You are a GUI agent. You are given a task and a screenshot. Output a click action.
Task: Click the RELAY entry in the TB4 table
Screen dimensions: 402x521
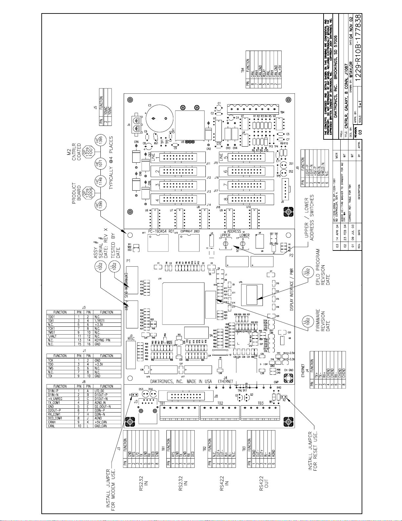tap(264, 73)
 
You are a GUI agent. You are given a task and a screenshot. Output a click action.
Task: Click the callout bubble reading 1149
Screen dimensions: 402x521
tap(98, 182)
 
